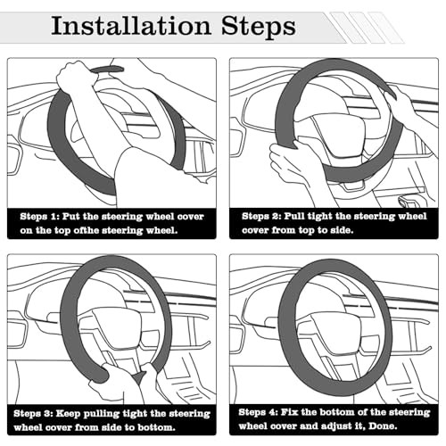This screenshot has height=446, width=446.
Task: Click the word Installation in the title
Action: click(131, 26)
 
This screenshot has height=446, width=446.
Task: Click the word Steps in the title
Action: click(259, 28)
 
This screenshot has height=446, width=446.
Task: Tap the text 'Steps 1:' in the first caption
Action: click(40, 217)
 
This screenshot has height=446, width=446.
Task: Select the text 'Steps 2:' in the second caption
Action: click(261, 216)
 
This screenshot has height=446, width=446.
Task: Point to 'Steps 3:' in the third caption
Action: click(33, 414)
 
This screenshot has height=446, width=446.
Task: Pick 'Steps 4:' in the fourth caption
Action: click(258, 412)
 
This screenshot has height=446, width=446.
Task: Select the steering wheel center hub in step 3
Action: click(118, 328)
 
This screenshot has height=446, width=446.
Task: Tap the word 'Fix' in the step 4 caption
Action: click(289, 412)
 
